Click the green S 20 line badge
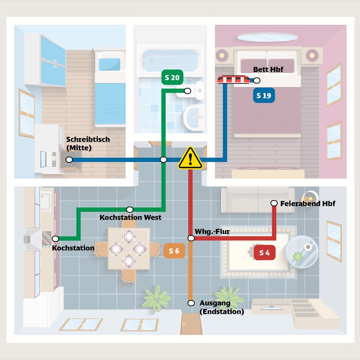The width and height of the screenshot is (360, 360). tap(172, 78)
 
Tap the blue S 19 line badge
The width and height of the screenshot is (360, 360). tap(264, 96)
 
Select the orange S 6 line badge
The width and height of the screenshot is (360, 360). tap(174, 251)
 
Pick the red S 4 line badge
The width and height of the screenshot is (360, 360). tap(265, 253)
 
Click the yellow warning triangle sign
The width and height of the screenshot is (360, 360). tap(190, 158)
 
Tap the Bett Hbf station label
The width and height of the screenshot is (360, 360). tap(268, 70)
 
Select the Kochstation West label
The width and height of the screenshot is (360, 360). tap(130, 217)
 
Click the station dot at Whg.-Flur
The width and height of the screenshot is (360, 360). tap(191, 238)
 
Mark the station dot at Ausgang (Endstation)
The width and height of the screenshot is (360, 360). tap(191, 303)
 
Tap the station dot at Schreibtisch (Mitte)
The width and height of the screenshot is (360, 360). tap(69, 160)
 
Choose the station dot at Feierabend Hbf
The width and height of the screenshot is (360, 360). tap(274, 203)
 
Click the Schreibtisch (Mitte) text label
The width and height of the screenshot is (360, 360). tap(88, 143)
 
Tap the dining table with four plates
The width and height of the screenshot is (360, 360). tap(129, 248)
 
